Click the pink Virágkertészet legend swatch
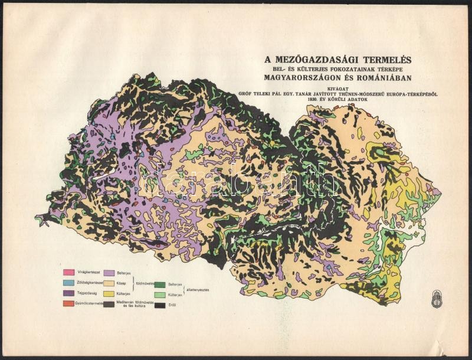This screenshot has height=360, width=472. pyautogui.click(x=68, y=272)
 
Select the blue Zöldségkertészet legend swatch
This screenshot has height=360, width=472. pyautogui.click(x=68, y=283)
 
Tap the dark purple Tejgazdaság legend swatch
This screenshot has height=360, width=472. pyautogui.click(x=68, y=293)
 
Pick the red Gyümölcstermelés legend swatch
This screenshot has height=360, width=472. pyautogui.click(x=68, y=303)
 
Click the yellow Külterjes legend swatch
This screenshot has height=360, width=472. pyautogui.click(x=109, y=293)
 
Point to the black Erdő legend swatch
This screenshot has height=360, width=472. pyautogui.click(x=160, y=305)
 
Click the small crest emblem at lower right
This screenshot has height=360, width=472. pyautogui.click(x=437, y=299)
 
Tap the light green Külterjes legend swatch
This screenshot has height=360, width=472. pyautogui.click(x=160, y=294)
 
